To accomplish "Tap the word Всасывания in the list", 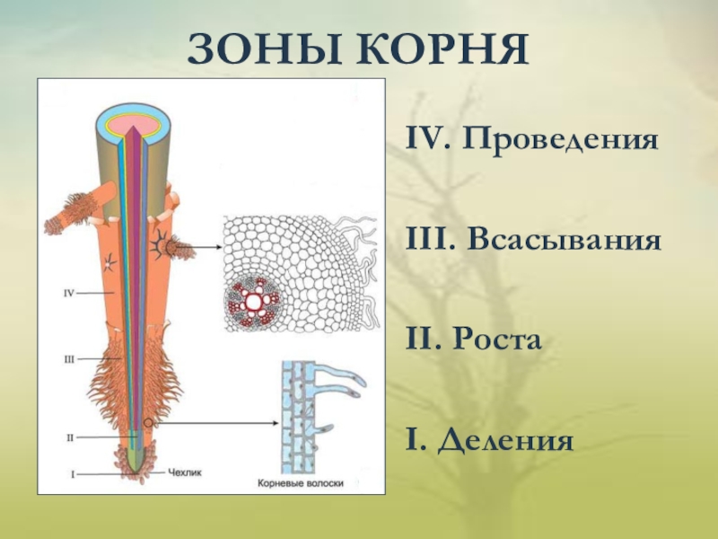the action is pos(565,243).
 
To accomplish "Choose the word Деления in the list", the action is pos(504,442).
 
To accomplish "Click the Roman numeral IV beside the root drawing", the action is pos(69,293).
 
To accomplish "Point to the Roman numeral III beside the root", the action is pos(69,359).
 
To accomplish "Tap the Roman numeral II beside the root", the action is pos(69,437).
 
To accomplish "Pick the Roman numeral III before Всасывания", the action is pos(427,243).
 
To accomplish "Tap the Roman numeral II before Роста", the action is pos(422,342).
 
